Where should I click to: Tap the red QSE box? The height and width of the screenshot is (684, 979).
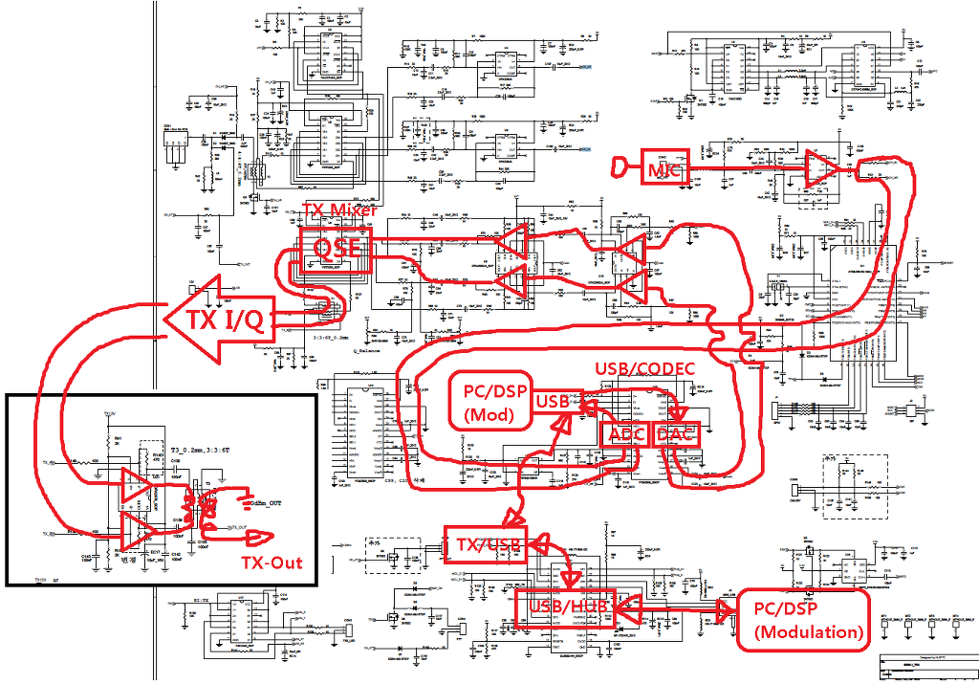pos(336,252)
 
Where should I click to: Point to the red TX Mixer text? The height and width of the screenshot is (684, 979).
pos(339,210)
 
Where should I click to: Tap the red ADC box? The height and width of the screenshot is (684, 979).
pos(626,434)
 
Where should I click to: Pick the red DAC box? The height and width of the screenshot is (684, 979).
pos(677,434)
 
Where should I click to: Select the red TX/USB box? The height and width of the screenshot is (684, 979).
pos(487,544)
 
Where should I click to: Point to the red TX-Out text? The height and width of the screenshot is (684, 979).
pos(272,563)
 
